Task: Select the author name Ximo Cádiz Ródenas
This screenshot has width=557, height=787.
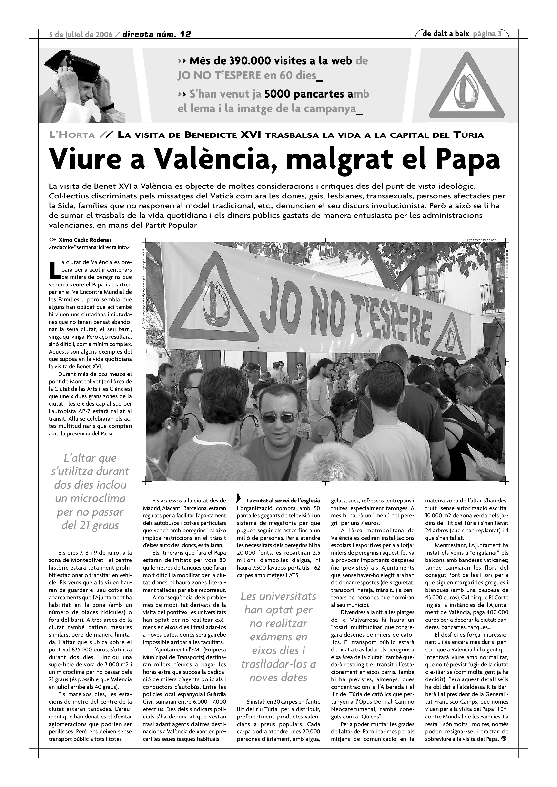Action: click(x=85, y=240)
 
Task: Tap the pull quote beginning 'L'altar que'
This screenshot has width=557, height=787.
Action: click(x=90, y=492)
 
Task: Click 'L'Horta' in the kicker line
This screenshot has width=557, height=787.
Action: click(x=72, y=135)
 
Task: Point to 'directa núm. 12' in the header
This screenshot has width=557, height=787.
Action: click(x=157, y=34)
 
